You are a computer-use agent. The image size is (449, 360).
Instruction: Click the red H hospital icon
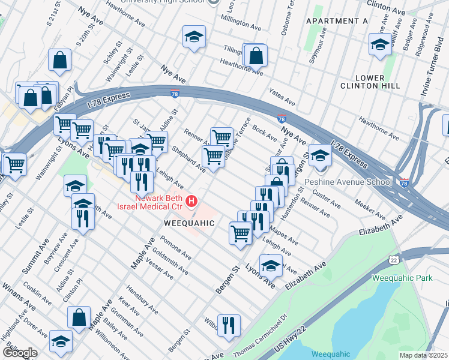click(191, 201)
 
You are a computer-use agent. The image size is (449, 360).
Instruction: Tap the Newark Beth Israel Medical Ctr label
click(158, 202)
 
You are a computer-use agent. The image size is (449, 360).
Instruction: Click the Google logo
click(19, 352)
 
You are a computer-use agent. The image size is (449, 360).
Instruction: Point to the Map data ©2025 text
click(424, 355)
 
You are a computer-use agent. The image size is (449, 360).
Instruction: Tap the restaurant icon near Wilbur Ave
click(229, 326)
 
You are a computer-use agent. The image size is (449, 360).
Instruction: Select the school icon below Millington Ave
click(194, 37)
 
